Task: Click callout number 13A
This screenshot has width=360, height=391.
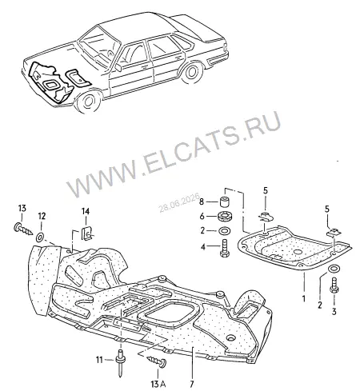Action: [159, 384]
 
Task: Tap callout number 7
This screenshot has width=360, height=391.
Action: [192, 384]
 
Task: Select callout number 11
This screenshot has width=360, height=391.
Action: [99, 361]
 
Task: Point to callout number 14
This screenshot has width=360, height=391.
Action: [86, 212]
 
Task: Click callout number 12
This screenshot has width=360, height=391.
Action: [42, 216]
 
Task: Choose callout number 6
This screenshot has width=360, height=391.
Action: [202, 216]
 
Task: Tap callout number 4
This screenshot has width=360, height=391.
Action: [203, 247]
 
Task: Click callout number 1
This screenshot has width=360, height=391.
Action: [303, 298]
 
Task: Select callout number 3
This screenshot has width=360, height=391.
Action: [334, 311]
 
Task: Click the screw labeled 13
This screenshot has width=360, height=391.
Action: [22, 229]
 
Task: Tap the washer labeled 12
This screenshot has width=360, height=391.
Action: [40, 237]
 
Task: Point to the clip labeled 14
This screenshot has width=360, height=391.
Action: [86, 233]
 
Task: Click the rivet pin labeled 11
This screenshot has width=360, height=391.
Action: [120, 362]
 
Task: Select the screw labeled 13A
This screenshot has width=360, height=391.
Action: [157, 361]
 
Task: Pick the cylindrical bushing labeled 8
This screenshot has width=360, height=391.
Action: [225, 201]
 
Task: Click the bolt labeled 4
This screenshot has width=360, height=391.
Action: [224, 248]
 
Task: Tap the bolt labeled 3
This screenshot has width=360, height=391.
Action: [334, 285]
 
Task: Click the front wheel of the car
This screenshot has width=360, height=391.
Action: [88, 101]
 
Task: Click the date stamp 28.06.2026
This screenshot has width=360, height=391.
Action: [179, 203]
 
